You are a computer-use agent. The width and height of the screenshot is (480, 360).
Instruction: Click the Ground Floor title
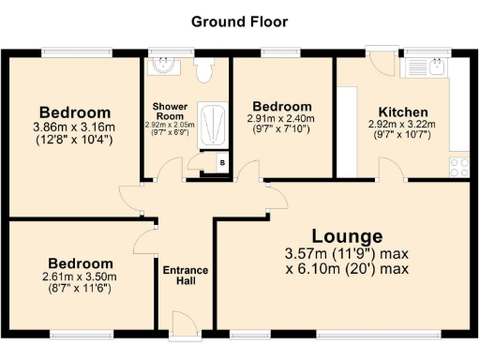239,21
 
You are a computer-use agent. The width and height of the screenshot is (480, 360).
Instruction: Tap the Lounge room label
347,236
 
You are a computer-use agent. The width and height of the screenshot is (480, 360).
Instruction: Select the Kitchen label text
403,112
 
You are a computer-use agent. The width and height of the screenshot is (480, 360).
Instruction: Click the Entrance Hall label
186,276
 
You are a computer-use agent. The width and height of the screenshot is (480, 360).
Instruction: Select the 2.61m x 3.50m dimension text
82,277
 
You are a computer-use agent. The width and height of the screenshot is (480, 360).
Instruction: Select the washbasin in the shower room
164,66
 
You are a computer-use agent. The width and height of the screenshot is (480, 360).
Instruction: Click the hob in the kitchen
459,166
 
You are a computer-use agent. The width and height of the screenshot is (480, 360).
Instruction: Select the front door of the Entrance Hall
185,325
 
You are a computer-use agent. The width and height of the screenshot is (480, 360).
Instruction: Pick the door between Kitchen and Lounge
391,169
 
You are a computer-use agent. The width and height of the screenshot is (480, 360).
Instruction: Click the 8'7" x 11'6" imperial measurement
82,288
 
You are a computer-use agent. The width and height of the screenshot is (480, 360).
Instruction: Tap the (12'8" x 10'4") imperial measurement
73,140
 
